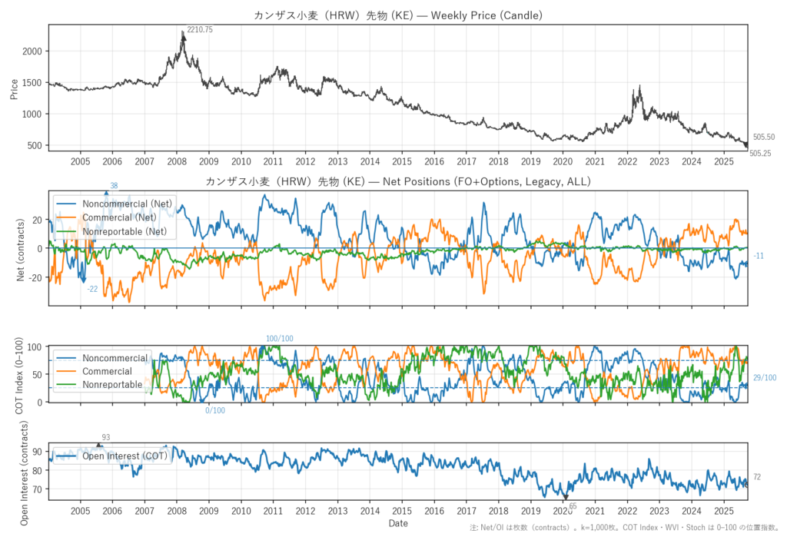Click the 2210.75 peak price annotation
(x=200, y=29)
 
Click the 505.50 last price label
(x=763, y=137)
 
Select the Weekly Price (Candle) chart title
(x=398, y=15)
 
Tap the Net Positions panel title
(x=398, y=181)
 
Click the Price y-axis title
(x=15, y=88)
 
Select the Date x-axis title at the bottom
(x=398, y=524)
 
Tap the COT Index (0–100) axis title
(x=21, y=374)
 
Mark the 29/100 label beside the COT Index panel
(x=765, y=378)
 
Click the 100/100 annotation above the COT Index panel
(x=280, y=339)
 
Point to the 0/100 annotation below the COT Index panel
(x=215, y=410)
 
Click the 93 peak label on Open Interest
(x=105, y=438)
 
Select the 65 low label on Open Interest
(x=573, y=506)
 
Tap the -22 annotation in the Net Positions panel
(x=92, y=289)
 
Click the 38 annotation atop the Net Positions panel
(x=114, y=186)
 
